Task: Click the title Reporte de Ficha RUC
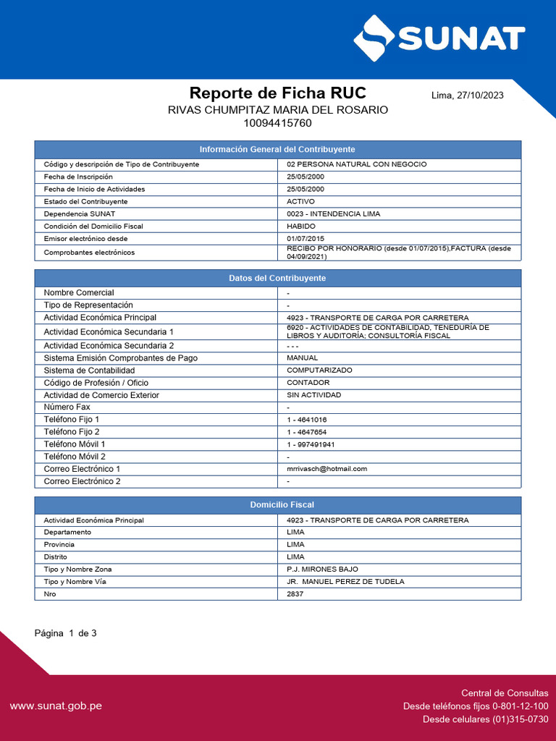click(x=277, y=93)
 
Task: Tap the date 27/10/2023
click(x=480, y=96)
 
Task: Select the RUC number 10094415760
click(x=278, y=123)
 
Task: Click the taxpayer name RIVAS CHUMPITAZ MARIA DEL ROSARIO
click(x=278, y=110)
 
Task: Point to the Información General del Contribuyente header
click(x=277, y=149)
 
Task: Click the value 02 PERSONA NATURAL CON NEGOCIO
click(x=357, y=164)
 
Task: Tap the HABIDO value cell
click(x=301, y=226)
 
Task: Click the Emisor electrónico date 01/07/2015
click(x=306, y=239)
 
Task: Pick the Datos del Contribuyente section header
click(x=277, y=278)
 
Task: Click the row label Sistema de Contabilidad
click(x=89, y=370)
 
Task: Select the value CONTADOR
click(x=308, y=383)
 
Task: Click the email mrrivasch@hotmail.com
click(x=327, y=469)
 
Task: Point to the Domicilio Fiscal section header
click(x=277, y=504)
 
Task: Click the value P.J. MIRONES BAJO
click(x=322, y=569)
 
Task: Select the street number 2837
click(x=295, y=594)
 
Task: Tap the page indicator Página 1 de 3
click(x=66, y=633)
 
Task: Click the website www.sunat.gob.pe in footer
click(x=56, y=706)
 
